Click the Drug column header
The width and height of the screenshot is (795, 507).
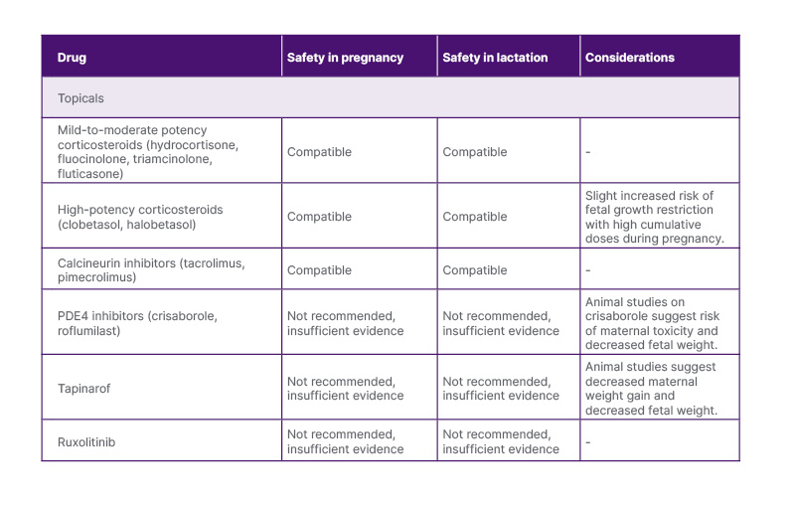tap(72, 58)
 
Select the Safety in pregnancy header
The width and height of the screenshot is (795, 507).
tap(345, 58)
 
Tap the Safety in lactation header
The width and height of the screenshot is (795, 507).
tap(495, 58)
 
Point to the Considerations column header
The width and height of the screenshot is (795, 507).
tap(629, 58)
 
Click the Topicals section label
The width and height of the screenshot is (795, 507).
tap(80, 98)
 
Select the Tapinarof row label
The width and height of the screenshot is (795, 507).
tap(84, 389)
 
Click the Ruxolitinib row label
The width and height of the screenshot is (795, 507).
tap(86, 441)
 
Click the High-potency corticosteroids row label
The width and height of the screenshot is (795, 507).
tap(140, 217)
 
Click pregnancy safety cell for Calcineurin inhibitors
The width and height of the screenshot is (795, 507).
tap(319, 269)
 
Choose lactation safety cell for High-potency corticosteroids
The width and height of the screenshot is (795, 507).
tap(474, 217)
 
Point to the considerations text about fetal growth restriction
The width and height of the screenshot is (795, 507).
tap(654, 217)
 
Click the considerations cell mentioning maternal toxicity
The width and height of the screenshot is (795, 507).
tap(651, 323)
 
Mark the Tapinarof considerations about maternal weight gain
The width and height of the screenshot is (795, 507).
tap(650, 389)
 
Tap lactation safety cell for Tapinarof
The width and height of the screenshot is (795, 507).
tap(500, 389)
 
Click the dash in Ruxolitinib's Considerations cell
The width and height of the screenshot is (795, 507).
tap(588, 442)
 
